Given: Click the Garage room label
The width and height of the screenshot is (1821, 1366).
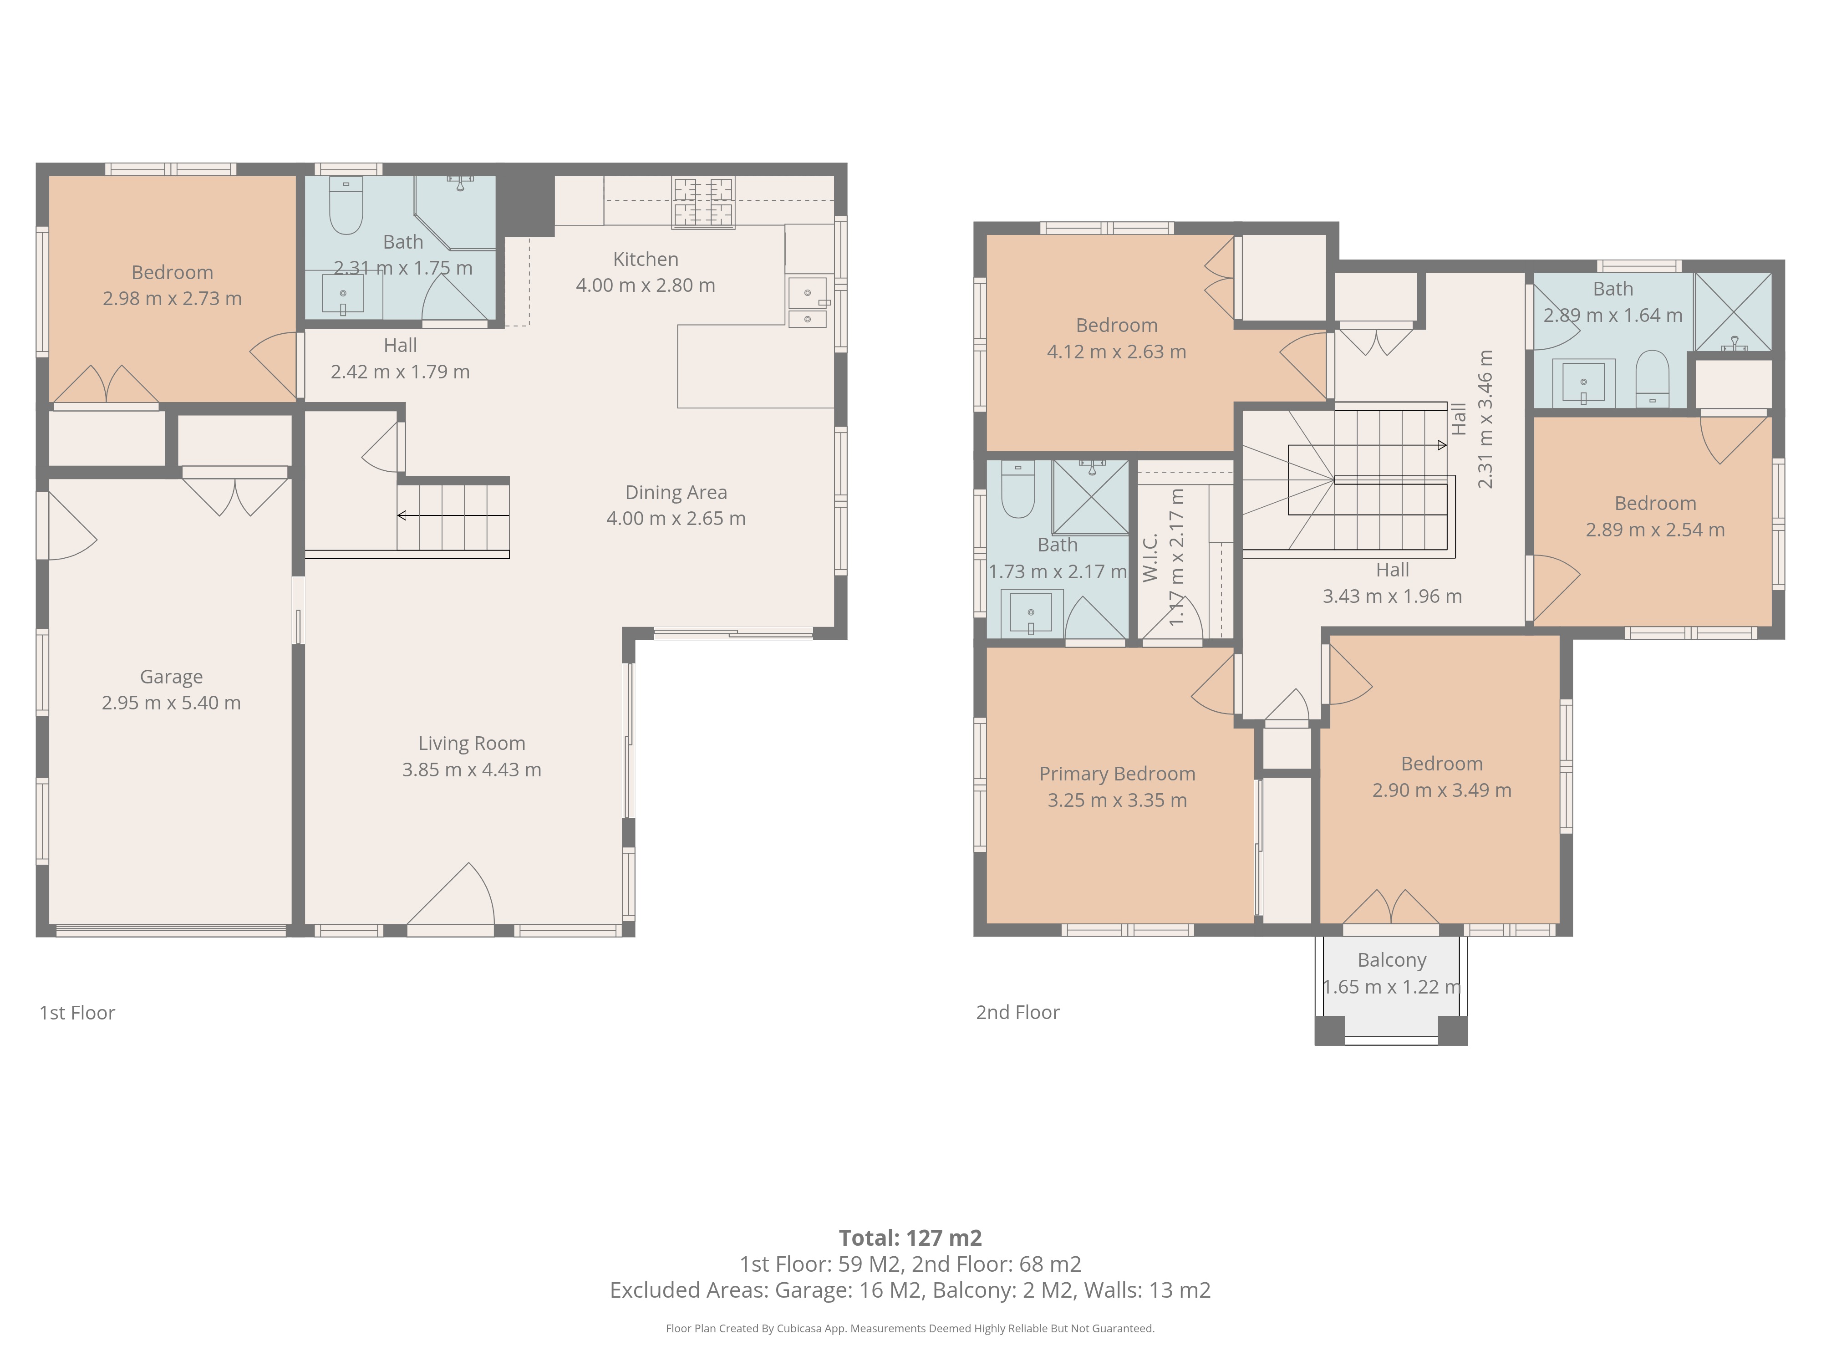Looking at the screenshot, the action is (x=171, y=677).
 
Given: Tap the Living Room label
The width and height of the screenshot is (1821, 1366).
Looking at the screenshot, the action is (x=472, y=744).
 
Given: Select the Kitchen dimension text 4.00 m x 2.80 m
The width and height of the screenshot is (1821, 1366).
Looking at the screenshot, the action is (x=646, y=285).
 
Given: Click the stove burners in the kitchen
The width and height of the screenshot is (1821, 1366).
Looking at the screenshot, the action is (x=703, y=203).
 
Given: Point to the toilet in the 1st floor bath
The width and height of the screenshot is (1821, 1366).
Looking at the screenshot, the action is (x=346, y=206).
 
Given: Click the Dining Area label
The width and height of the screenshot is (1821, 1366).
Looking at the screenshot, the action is (x=676, y=492).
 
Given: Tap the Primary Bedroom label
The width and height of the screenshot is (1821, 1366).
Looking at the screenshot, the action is (x=1117, y=774).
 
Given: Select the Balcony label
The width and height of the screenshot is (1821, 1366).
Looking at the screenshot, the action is (x=1391, y=960).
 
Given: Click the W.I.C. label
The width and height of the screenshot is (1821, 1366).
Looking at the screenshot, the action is (x=1150, y=557).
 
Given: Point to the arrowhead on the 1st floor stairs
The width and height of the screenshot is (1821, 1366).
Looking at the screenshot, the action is (x=402, y=515).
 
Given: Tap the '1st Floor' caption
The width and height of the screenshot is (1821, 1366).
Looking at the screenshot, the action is (x=77, y=1013).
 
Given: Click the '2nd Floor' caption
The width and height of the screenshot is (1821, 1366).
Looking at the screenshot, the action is (x=1017, y=1013).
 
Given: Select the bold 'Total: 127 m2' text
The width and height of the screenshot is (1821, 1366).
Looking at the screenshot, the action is (x=910, y=1238).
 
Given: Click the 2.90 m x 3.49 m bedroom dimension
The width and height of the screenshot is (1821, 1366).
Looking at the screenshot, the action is (x=1441, y=790).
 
